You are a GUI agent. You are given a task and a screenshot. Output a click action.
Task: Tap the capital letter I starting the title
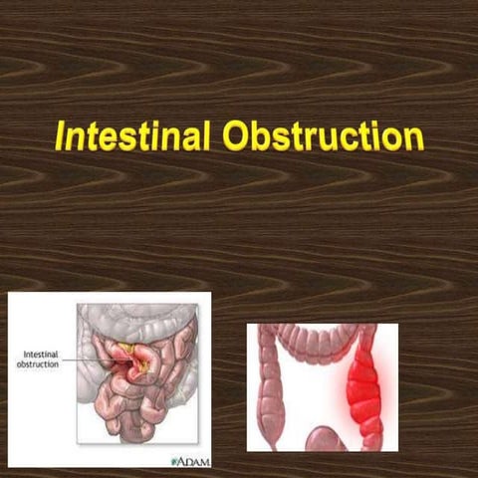(x=61, y=136)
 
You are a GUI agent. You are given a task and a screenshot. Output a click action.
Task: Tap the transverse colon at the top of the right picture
(x=319, y=340)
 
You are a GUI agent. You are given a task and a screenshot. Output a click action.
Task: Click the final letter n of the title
(x=414, y=136)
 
